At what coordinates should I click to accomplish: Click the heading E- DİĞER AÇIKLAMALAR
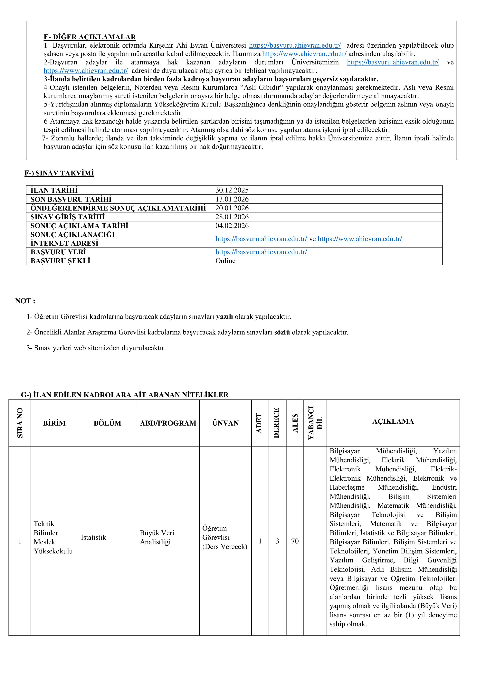90,37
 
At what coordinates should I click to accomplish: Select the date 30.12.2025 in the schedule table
232,190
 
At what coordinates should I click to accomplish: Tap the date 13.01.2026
232,199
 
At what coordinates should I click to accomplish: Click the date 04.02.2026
232,226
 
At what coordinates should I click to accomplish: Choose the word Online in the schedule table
225,261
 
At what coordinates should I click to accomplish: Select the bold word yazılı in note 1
224,316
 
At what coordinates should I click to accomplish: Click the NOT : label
25,301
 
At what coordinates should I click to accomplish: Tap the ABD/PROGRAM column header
168,423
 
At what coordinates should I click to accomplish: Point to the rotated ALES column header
295,423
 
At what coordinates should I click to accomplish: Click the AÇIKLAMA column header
393,421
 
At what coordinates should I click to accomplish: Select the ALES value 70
295,541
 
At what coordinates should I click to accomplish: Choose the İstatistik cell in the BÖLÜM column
93,537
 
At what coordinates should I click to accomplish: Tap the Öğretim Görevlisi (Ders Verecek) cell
225,537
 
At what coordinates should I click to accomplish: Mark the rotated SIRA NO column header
20,423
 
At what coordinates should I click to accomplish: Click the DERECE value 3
277,541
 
